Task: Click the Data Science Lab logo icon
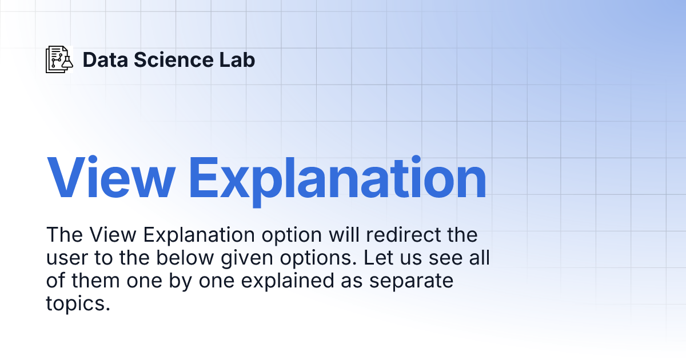(x=59, y=59)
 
